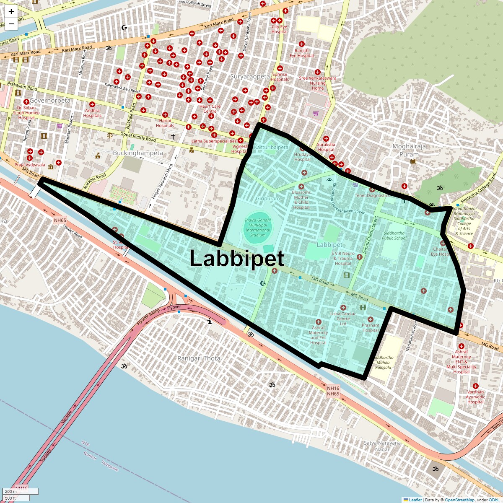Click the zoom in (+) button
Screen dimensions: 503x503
coord(11,12)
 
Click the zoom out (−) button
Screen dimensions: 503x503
coord(11,24)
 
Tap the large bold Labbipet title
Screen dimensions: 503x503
coord(237,258)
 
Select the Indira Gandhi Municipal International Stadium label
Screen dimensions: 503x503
coord(258,227)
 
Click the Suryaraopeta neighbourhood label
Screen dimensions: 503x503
coord(250,77)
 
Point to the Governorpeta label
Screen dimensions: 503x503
coord(50,101)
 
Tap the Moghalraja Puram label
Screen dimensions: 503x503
coord(409,150)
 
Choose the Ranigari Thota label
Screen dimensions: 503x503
coord(199,358)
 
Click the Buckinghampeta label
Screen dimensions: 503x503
coord(138,153)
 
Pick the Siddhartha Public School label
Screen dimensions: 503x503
coord(394,236)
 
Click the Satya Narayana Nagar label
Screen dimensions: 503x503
coord(382,446)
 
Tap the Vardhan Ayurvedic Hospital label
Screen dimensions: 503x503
coord(475,397)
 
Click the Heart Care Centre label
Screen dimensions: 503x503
coord(210,109)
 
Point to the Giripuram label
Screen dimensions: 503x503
coord(268,198)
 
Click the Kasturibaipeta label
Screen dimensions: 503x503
coord(271,148)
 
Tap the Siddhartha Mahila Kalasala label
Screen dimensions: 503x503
coord(383,363)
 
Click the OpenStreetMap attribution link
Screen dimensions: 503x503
coord(459,500)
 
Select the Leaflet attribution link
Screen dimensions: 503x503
coord(415,500)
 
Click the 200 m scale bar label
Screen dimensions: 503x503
coord(11,492)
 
